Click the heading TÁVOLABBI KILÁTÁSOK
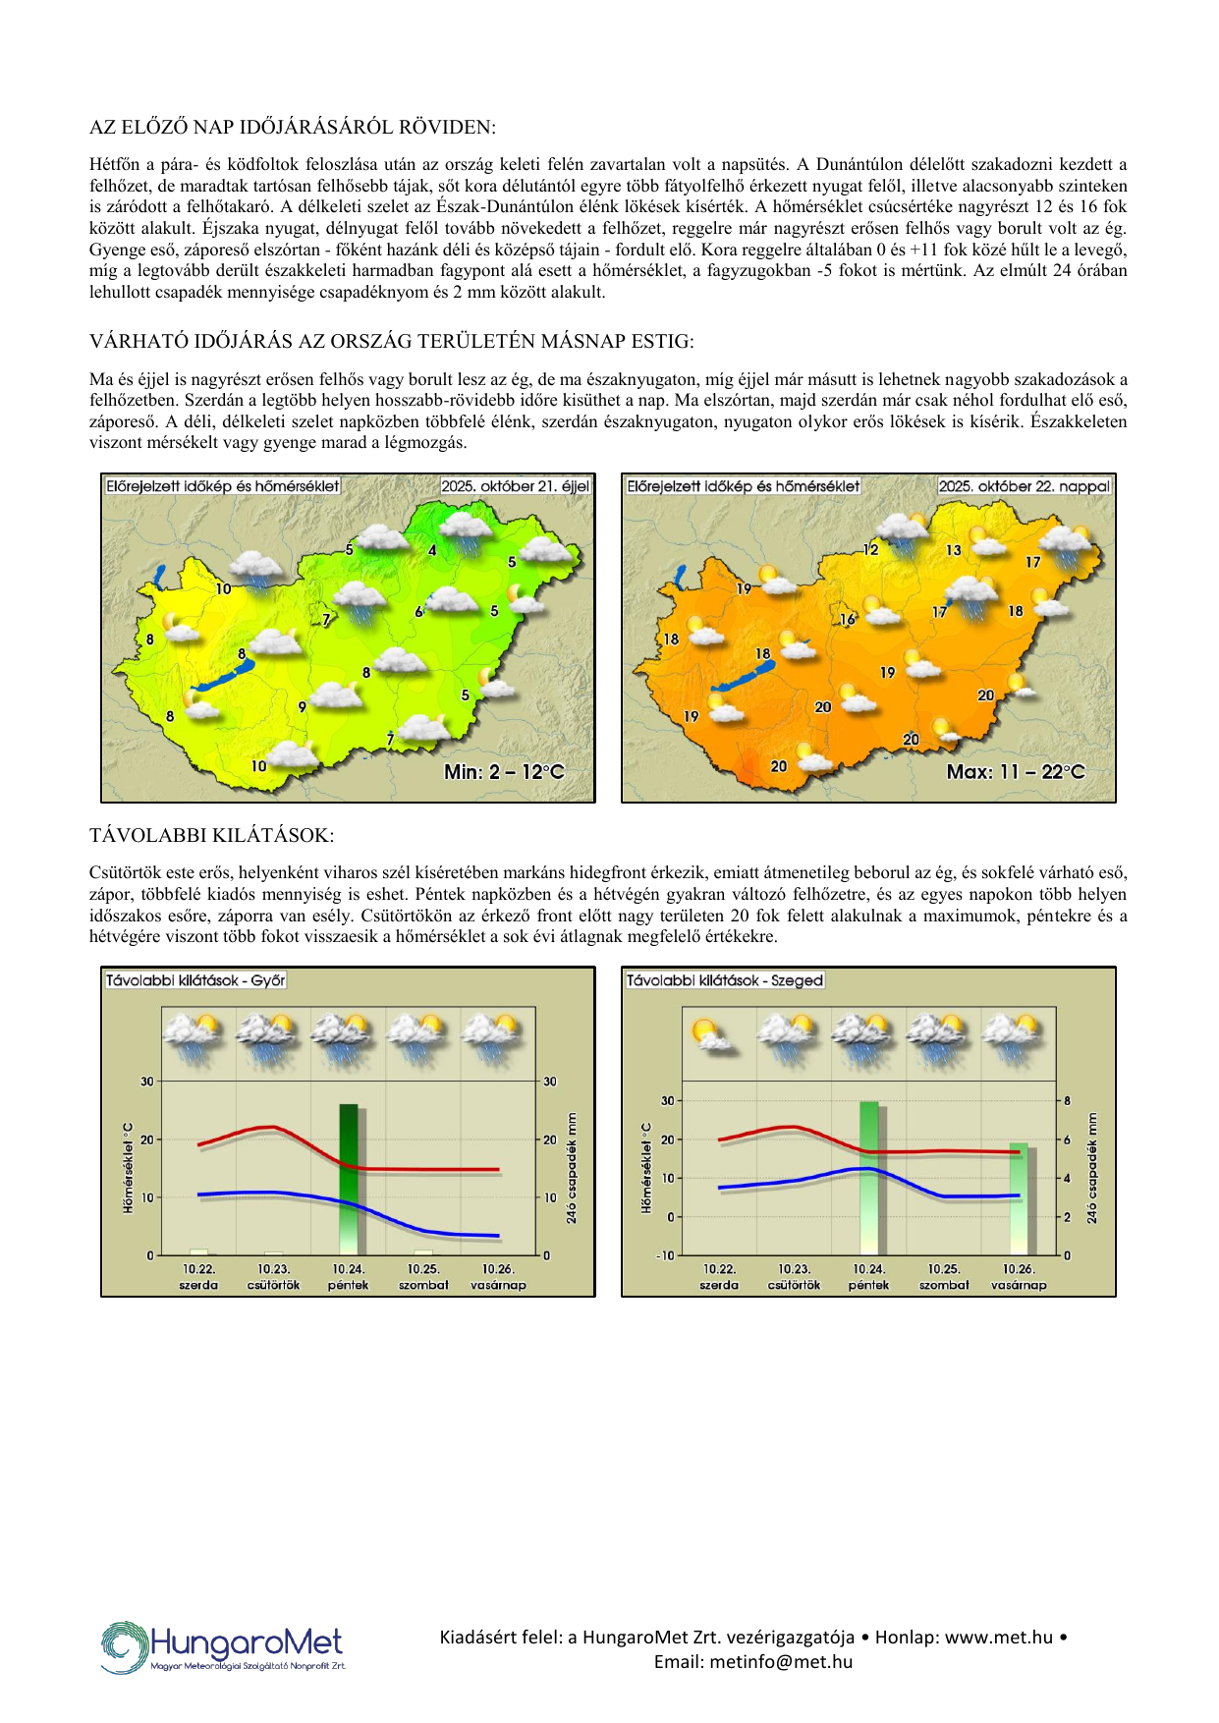(211, 836)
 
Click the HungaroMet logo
(223, 1646)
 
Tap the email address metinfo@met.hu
(753, 1662)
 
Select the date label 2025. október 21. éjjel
(515, 486)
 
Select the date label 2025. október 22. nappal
(1024, 486)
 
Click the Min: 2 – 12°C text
(504, 772)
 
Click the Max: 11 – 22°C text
(1016, 772)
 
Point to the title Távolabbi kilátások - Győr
(195, 980)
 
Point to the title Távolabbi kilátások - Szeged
(724, 980)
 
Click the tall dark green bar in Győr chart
(349, 1179)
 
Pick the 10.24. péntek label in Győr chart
(349, 1277)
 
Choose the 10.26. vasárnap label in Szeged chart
(1019, 1277)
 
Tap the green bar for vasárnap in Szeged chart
(1019, 1198)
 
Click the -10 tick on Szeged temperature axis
(667, 1255)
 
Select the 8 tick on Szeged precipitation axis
(1068, 1101)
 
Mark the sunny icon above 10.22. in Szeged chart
(712, 1035)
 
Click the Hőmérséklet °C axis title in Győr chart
(128, 1168)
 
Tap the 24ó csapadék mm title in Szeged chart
(1091, 1168)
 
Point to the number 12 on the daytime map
(870, 549)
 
